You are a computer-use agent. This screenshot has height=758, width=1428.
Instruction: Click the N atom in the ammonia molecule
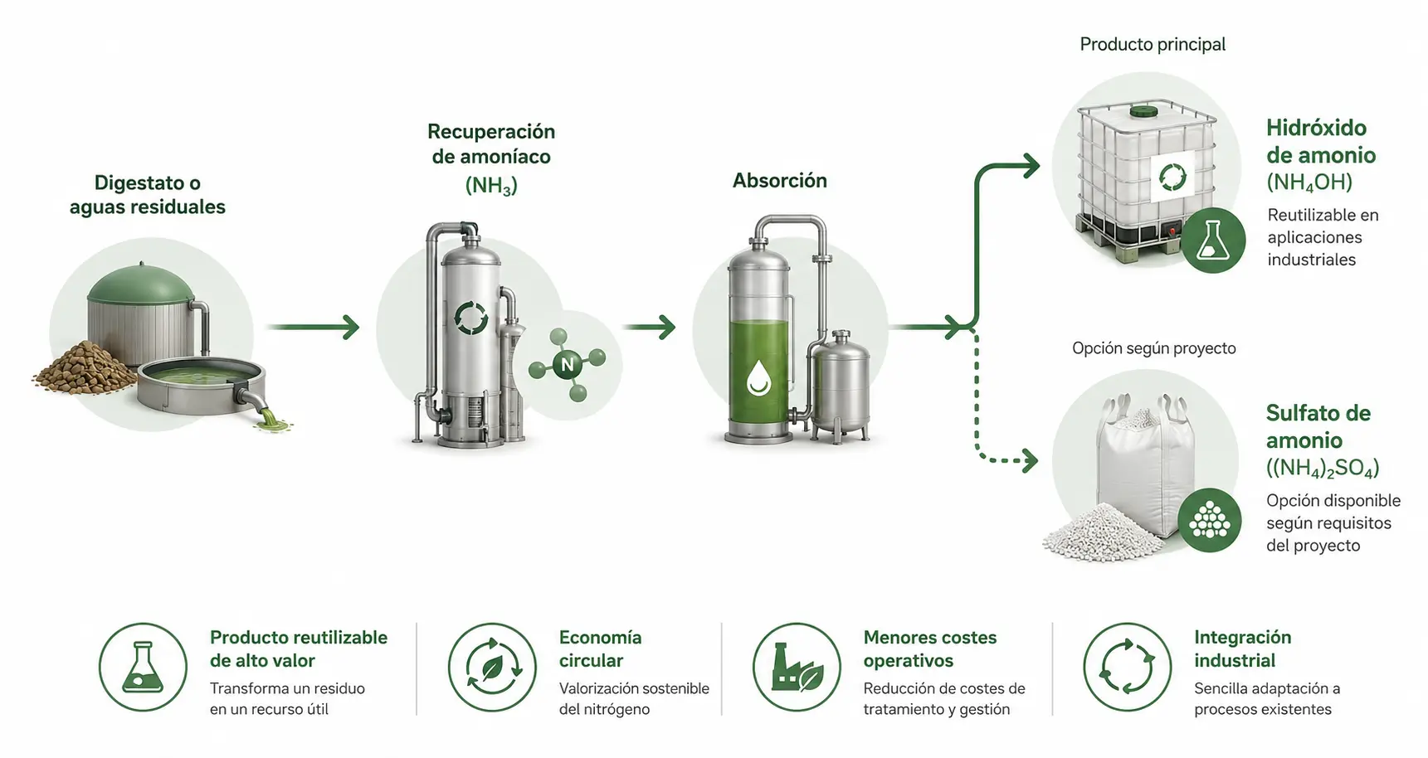pos(568,364)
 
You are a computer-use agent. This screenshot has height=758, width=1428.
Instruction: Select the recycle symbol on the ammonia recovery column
pos(471,318)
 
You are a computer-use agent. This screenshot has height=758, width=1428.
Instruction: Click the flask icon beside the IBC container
pos(1213,241)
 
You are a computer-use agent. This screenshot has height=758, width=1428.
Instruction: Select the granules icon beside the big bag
pos(1210,521)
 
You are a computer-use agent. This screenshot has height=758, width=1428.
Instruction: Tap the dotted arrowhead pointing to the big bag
pos(1030,460)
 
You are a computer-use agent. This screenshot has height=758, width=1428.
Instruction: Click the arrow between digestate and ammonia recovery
pos(313,328)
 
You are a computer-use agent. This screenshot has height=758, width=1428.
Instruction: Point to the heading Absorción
pos(780,181)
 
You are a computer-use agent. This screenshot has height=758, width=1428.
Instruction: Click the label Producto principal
pos(1153,44)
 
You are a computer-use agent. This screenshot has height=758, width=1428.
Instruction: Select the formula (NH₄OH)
pos(1309,182)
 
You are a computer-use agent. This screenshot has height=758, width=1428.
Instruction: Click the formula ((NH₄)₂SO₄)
pos(1323,469)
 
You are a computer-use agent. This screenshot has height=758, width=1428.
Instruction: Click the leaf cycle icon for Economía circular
pos(492,667)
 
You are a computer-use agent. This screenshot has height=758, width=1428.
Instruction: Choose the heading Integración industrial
pos(1242,649)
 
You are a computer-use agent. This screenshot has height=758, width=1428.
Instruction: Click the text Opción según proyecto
pos(1154,348)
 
